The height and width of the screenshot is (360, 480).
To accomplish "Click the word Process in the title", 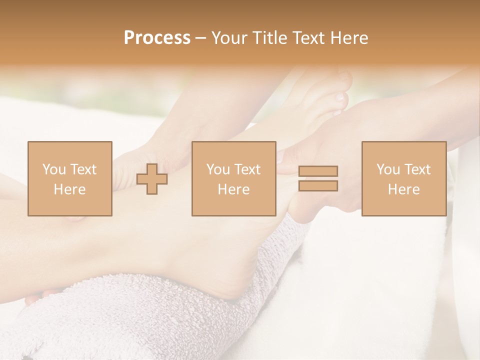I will (157, 38).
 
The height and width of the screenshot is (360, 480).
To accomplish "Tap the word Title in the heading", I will (270, 38).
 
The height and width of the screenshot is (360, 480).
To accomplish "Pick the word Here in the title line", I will (348, 38).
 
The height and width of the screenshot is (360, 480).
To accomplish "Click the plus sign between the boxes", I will (152, 179).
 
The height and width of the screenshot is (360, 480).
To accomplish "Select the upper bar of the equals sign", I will (318, 171).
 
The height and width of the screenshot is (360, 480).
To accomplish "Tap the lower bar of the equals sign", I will (318, 186).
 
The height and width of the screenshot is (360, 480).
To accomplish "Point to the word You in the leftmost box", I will (53, 169).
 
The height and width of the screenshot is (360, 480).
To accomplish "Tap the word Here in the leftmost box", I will (69, 189).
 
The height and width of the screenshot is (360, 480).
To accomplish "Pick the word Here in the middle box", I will (233, 189).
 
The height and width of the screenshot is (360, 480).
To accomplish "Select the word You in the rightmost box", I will (388, 169).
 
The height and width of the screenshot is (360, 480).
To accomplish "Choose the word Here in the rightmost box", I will (403, 189).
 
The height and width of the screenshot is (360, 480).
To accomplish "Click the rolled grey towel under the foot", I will (150, 315).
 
